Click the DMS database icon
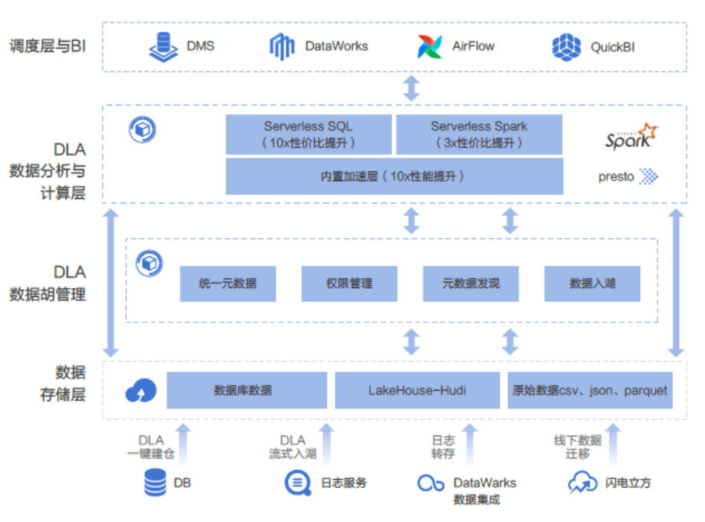pyautogui.click(x=163, y=47)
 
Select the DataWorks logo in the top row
pyautogui.click(x=282, y=47)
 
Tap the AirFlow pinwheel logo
pyautogui.click(x=430, y=47)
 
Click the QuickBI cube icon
pyautogui.click(x=567, y=47)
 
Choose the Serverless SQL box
pyautogui.click(x=308, y=134)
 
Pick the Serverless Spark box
pyautogui.click(x=479, y=134)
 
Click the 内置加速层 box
pyautogui.click(x=394, y=177)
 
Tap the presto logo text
pyautogui.click(x=617, y=177)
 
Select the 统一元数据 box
pyautogui.click(x=228, y=284)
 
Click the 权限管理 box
pyautogui.click(x=349, y=284)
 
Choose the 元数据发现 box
pyautogui.click(x=471, y=284)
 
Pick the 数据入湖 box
pyautogui.click(x=592, y=284)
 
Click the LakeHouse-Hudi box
pyautogui.click(x=418, y=391)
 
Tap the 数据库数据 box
pyautogui.click(x=247, y=391)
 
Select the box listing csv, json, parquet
pyautogui.click(x=590, y=391)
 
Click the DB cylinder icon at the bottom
pyautogui.click(x=156, y=483)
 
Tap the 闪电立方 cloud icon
pyautogui.click(x=582, y=483)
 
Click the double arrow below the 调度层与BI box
pyautogui.click(x=411, y=88)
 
